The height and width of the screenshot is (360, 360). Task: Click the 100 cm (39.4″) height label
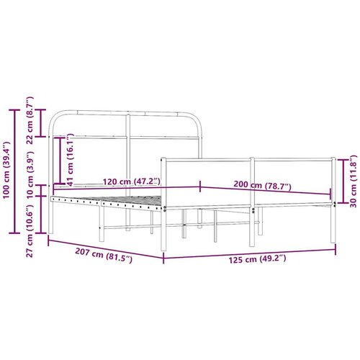tap(6, 170)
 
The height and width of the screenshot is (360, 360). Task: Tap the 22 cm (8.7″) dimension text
tap(30, 120)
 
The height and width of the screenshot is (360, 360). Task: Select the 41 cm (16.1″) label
tap(70, 160)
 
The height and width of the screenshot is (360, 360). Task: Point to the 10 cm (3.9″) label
tap(30, 175)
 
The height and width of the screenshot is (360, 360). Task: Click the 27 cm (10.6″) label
tap(30, 231)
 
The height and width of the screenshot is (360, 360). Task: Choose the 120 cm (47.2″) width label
tap(132, 181)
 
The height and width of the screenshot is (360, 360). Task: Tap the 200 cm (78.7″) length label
tap(262, 185)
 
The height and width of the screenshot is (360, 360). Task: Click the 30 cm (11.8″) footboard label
tap(354, 181)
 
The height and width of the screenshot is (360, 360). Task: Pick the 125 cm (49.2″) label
tap(257, 259)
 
